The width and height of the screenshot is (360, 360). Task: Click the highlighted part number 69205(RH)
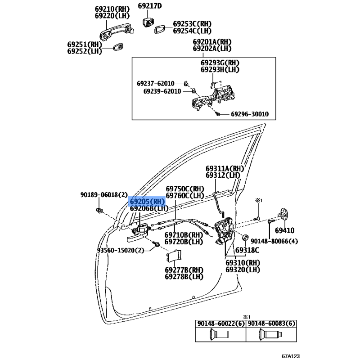pyautogui.click(x=147, y=202)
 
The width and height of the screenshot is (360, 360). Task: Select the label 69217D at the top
pyautogui.click(x=150, y=6)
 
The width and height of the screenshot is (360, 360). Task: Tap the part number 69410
pyautogui.click(x=285, y=230)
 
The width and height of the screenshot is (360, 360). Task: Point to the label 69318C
pyautogui.click(x=247, y=250)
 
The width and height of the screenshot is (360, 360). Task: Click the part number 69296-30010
pyautogui.click(x=250, y=114)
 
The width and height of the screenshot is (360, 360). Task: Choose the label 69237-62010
pyautogui.click(x=156, y=83)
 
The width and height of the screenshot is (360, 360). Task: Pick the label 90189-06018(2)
pyautogui.click(x=104, y=195)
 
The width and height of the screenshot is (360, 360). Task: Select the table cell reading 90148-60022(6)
pyautogui.click(x=220, y=324)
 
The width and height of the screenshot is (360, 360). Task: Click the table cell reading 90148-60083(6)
pyautogui.click(x=271, y=324)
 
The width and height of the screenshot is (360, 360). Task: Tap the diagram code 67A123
pyautogui.click(x=291, y=356)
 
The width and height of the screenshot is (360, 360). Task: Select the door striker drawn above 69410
pyautogui.click(x=283, y=215)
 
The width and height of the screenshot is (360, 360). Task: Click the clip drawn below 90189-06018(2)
pyautogui.click(x=99, y=210)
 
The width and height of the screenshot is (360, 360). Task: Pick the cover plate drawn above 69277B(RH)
pyautogui.click(x=174, y=256)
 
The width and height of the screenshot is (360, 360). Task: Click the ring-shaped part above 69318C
pyautogui.click(x=245, y=237)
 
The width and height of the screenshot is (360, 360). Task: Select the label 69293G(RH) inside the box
pyautogui.click(x=220, y=63)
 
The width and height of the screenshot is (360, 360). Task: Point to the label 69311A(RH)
pyautogui.click(x=225, y=168)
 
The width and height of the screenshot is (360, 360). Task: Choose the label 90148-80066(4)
pyautogui.click(x=274, y=241)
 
